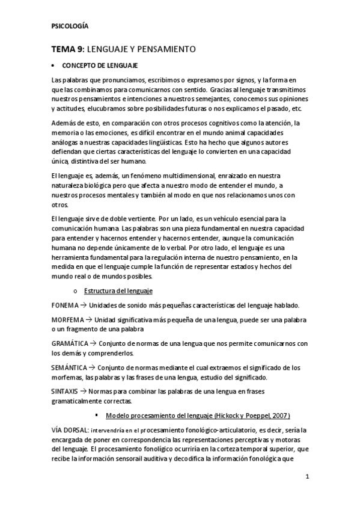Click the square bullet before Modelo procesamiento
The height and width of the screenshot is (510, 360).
click(x=96, y=415)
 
